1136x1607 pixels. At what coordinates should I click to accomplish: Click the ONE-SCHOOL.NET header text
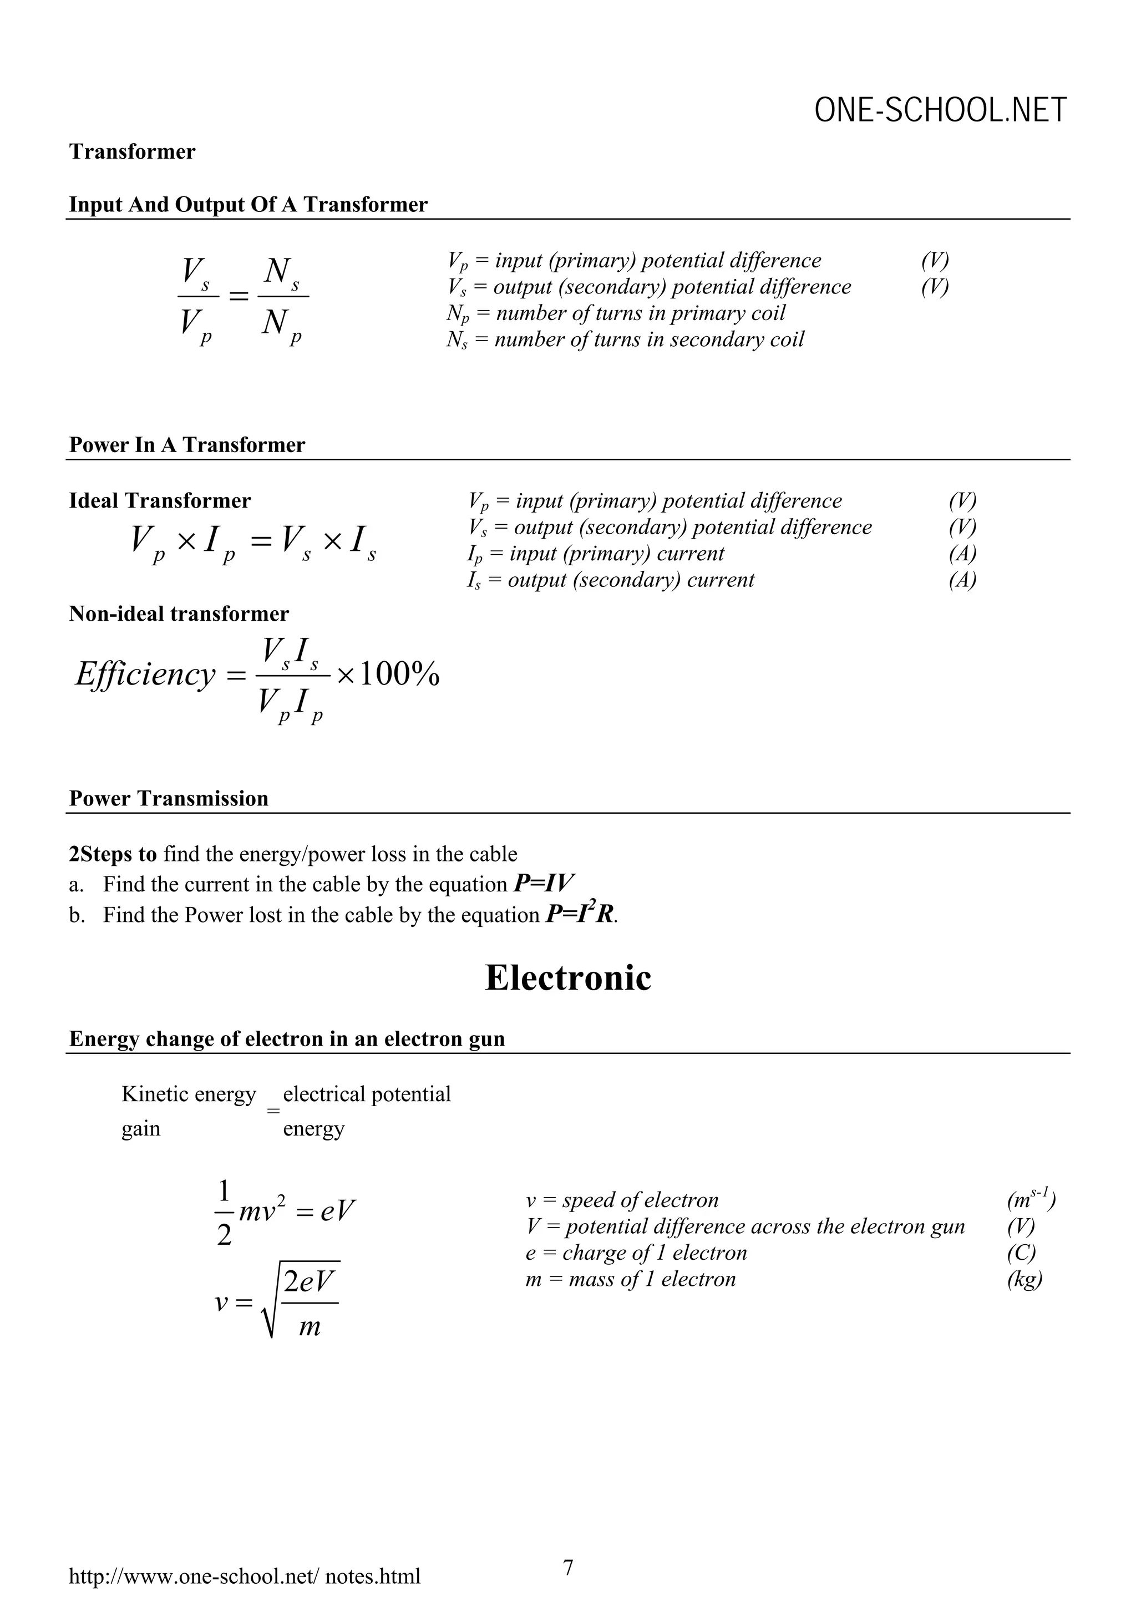[x=940, y=110]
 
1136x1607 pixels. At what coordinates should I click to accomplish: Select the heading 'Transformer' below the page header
[x=132, y=152]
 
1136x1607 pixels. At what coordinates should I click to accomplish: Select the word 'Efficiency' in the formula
[x=145, y=674]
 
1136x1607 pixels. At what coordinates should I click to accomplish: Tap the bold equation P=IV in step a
[x=545, y=884]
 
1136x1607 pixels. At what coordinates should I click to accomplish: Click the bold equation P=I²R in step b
[x=580, y=914]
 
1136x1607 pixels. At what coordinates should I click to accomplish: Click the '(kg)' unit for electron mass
[x=1025, y=1279]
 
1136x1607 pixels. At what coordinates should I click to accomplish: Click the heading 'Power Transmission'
[x=169, y=799]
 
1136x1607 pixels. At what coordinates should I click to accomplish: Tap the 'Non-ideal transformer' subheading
[x=179, y=614]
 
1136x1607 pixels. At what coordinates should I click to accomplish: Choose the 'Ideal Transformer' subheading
[x=160, y=501]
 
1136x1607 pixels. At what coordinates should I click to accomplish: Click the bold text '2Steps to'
[x=113, y=854]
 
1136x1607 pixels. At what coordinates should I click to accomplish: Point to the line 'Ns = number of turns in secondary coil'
[x=625, y=340]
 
